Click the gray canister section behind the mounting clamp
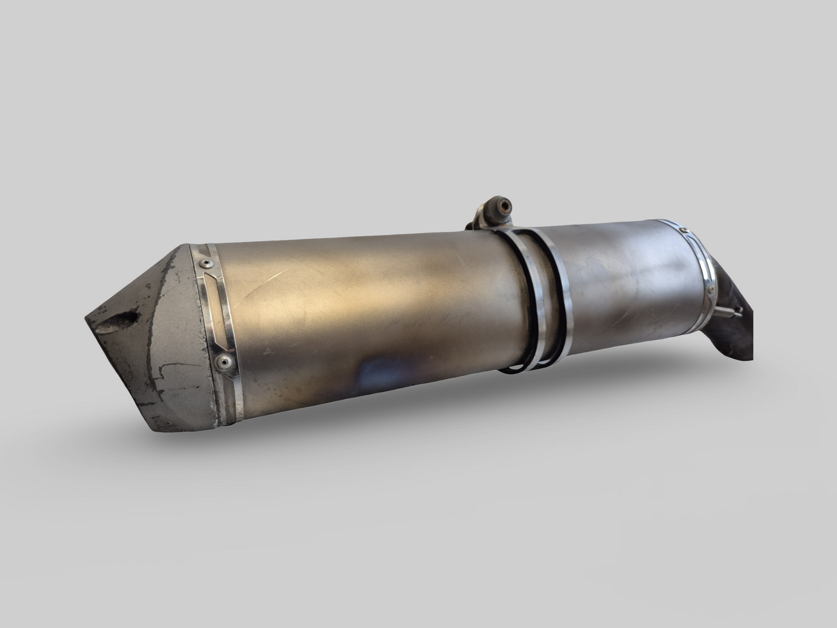point(626,290)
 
